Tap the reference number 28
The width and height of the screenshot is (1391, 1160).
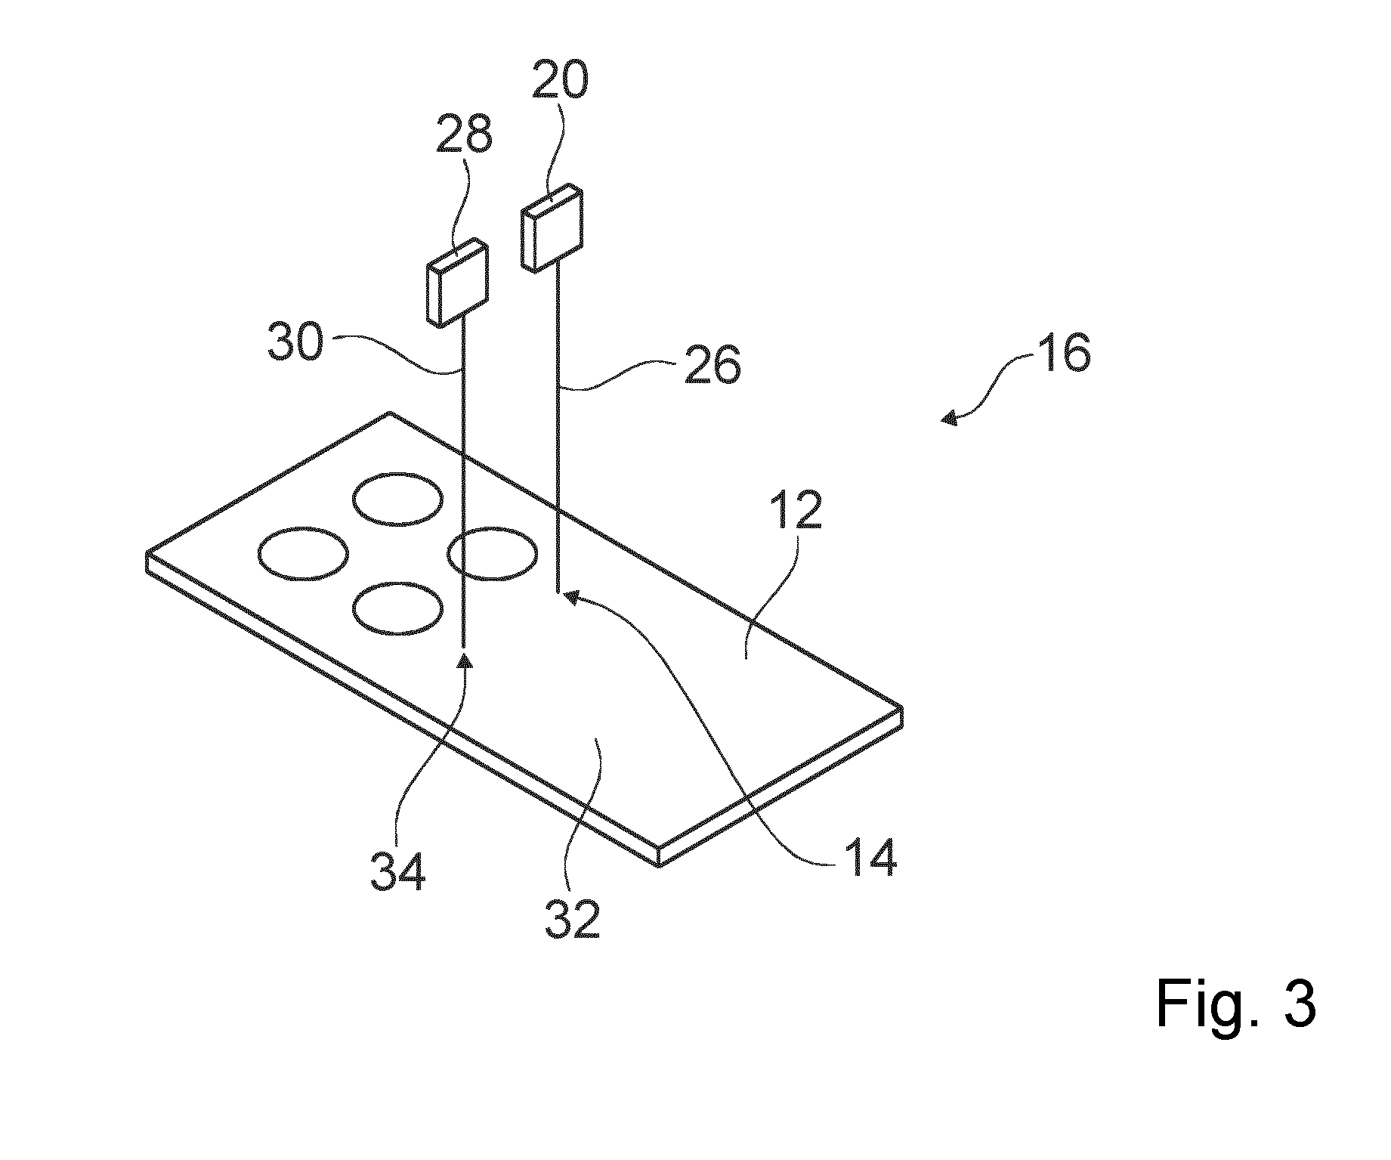tap(465, 135)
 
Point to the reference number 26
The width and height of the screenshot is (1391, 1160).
tap(713, 367)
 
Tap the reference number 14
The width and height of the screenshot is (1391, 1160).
tap(870, 857)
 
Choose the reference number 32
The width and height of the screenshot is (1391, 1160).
tap(573, 917)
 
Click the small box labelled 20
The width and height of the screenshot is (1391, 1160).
tap(552, 227)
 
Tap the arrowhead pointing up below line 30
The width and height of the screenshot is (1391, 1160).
tap(464, 662)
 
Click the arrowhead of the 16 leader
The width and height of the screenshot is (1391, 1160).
tap(949, 417)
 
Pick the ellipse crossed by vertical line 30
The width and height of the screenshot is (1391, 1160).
tap(493, 554)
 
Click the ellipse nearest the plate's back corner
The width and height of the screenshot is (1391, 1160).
tap(398, 500)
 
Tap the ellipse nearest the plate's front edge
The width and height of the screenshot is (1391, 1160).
tap(398, 608)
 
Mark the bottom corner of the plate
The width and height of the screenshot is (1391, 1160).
tap(660, 866)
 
